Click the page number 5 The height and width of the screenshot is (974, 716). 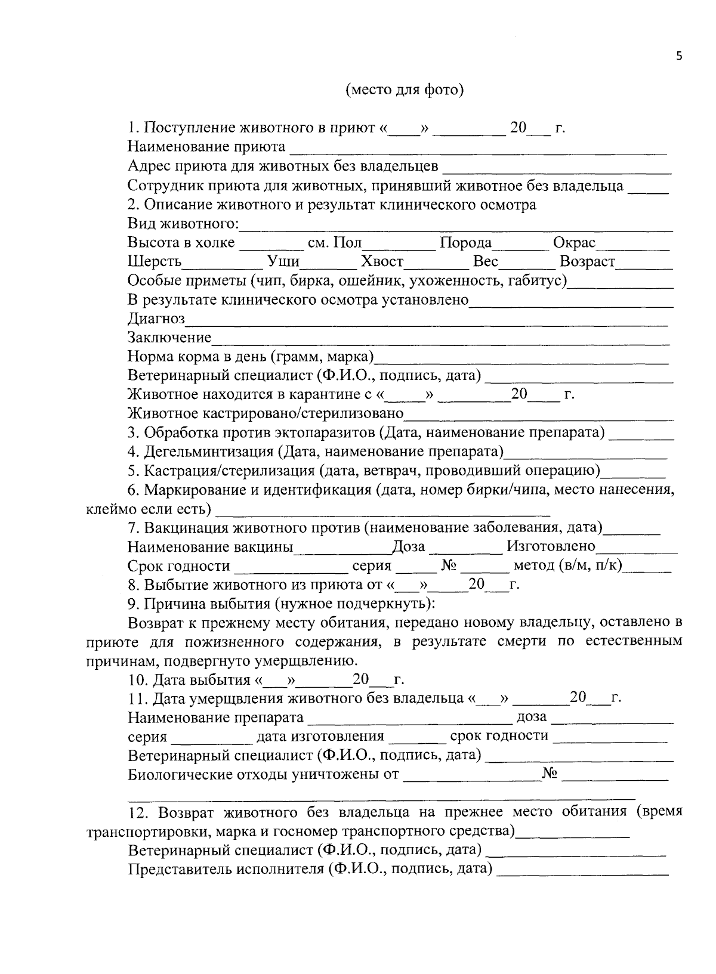(x=678, y=55)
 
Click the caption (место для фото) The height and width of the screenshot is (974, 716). (x=405, y=90)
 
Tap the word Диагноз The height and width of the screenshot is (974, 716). (x=156, y=319)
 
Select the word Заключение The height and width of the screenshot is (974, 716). (x=170, y=338)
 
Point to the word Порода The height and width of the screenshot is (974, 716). (x=465, y=243)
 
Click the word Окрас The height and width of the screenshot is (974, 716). (x=574, y=243)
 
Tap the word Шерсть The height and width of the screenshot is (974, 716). (x=155, y=262)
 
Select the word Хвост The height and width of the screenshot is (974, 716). (x=382, y=262)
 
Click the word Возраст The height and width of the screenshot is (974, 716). (x=587, y=262)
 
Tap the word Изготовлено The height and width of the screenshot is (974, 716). (x=551, y=546)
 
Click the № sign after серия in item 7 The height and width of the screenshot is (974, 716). (x=448, y=565)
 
